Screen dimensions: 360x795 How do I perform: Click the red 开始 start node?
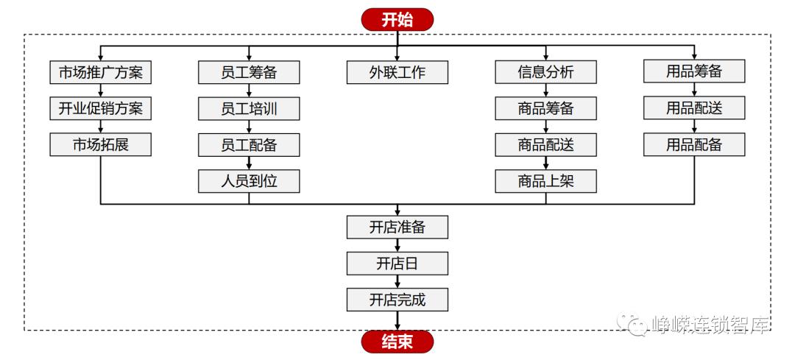[397, 19]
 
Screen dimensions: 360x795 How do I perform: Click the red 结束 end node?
[397, 342]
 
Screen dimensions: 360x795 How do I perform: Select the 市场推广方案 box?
[101, 72]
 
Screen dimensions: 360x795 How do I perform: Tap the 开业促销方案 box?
[101, 108]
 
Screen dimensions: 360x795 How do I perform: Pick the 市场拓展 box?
[101, 144]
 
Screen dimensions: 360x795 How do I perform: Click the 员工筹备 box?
[249, 72]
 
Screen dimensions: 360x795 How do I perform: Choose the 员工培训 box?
[249, 108]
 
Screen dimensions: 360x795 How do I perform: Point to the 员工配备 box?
[249, 144]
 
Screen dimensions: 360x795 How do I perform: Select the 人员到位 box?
[249, 180]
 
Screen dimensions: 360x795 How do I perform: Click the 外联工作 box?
[397, 72]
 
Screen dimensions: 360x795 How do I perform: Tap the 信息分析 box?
[545, 72]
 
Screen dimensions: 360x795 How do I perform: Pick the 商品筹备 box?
[545, 108]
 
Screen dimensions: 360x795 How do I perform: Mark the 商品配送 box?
[545, 144]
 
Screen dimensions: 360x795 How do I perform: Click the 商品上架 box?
[545, 180]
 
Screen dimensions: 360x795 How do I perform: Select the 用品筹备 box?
[694, 72]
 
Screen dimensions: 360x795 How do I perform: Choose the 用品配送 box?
[694, 108]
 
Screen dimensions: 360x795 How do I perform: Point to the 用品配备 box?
[694, 144]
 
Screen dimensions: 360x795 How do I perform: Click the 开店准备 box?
[397, 227]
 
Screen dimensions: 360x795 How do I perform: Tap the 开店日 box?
[397, 263]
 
